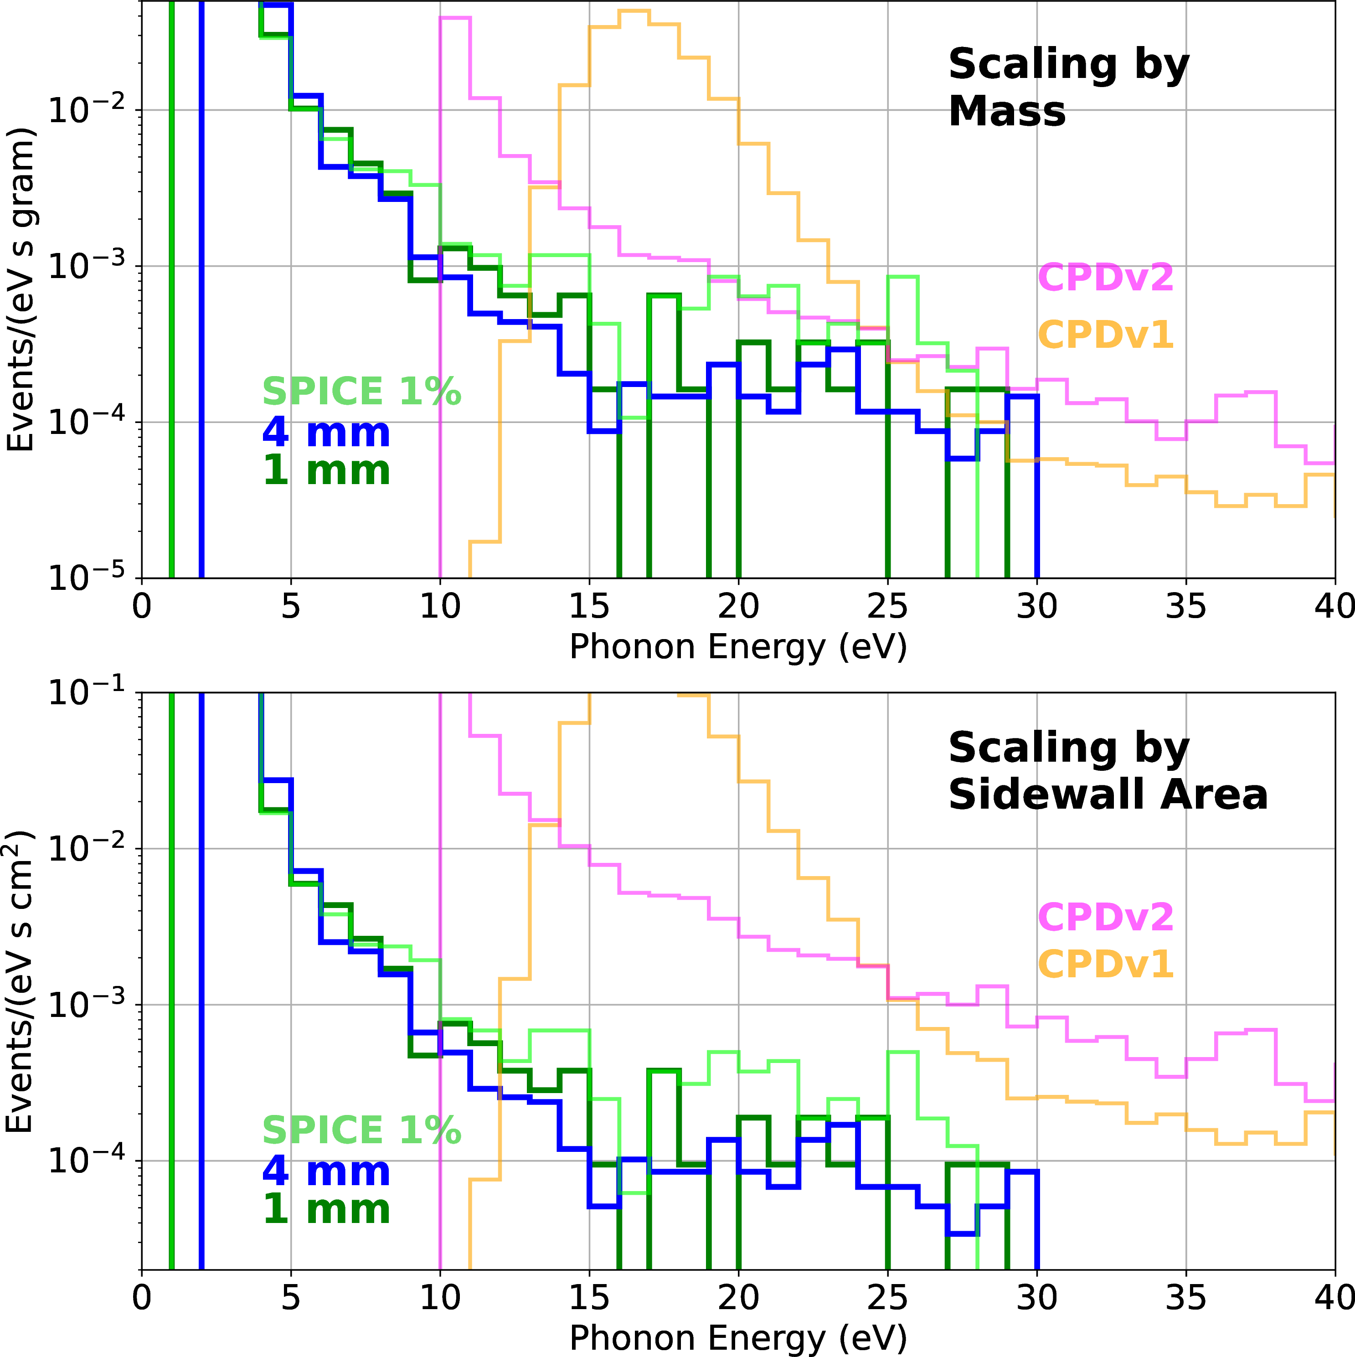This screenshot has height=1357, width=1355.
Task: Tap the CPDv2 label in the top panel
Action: [x=1106, y=278]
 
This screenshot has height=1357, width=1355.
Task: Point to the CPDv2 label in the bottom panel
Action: [x=1106, y=917]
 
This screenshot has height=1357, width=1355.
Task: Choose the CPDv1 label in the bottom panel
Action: [x=1106, y=964]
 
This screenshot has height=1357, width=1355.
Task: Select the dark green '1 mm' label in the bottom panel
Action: [x=326, y=1209]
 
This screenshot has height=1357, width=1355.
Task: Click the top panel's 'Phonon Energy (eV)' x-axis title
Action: [x=737, y=646]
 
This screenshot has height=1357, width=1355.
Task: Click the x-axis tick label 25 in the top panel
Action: [x=887, y=605]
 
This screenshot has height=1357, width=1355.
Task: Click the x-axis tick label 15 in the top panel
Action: [x=589, y=605]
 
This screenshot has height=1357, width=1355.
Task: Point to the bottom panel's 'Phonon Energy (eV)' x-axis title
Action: [x=737, y=1337]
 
